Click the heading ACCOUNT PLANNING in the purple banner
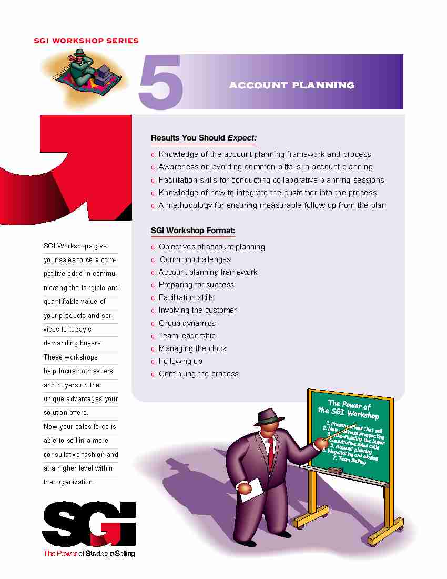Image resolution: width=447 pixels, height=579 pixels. [x=292, y=85]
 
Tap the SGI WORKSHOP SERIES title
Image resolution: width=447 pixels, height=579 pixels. [x=86, y=41]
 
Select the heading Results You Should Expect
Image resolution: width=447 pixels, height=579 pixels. [x=204, y=138]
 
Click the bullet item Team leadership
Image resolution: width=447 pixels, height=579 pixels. [x=187, y=336]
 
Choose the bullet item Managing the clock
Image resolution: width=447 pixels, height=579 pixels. [x=192, y=348]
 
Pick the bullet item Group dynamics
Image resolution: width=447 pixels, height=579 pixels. [x=187, y=323]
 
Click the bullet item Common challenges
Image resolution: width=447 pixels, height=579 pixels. [x=195, y=259]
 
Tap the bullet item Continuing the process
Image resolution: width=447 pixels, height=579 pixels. [x=198, y=374]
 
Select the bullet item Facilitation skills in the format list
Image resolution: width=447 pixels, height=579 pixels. [x=186, y=297]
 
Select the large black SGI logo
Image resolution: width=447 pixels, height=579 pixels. [x=89, y=524]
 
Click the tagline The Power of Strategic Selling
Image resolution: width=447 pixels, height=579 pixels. [x=89, y=553]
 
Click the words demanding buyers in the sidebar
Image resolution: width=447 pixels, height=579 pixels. [x=73, y=343]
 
